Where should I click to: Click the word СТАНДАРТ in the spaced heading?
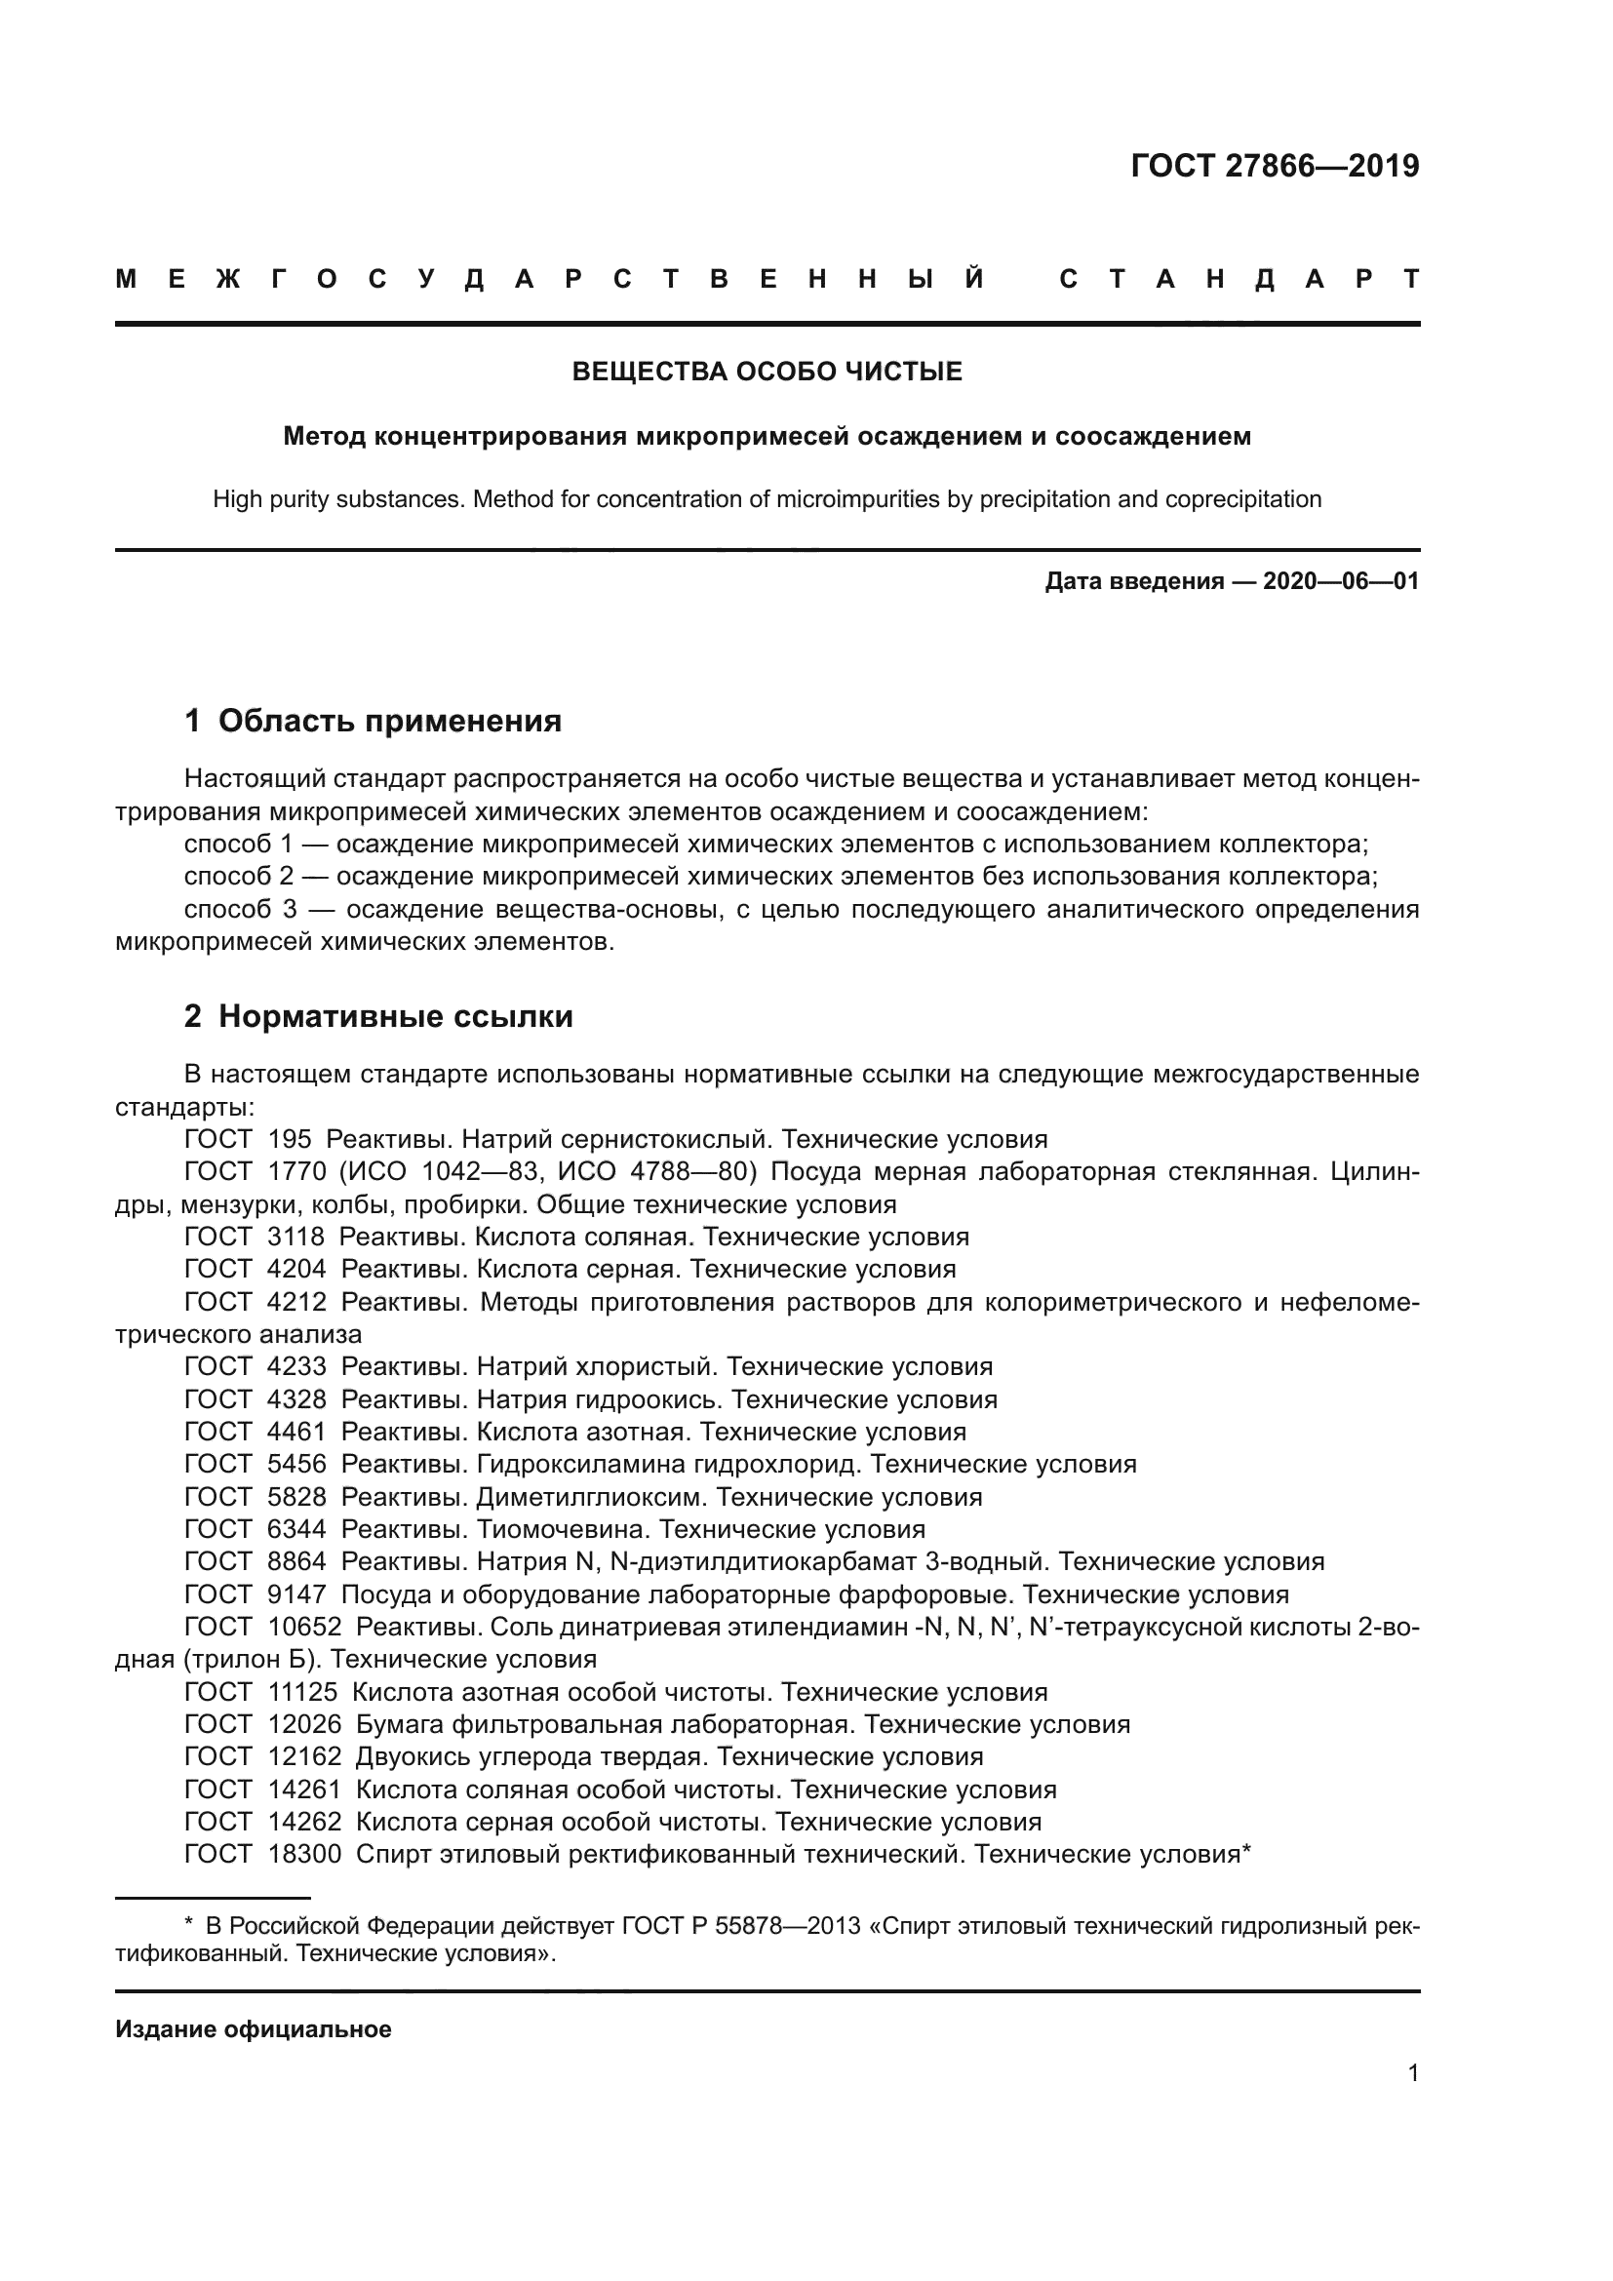[x=1239, y=279]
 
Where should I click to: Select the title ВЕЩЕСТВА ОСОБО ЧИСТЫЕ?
[x=767, y=372]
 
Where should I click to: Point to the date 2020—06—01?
[x=1341, y=581]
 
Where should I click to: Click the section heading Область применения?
[x=389, y=722]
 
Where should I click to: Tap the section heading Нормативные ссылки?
[x=395, y=1016]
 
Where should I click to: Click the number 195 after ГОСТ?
[x=289, y=1139]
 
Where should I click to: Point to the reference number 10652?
[x=304, y=1627]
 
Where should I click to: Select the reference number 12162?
[x=304, y=1756]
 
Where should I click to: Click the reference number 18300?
[x=304, y=1854]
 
